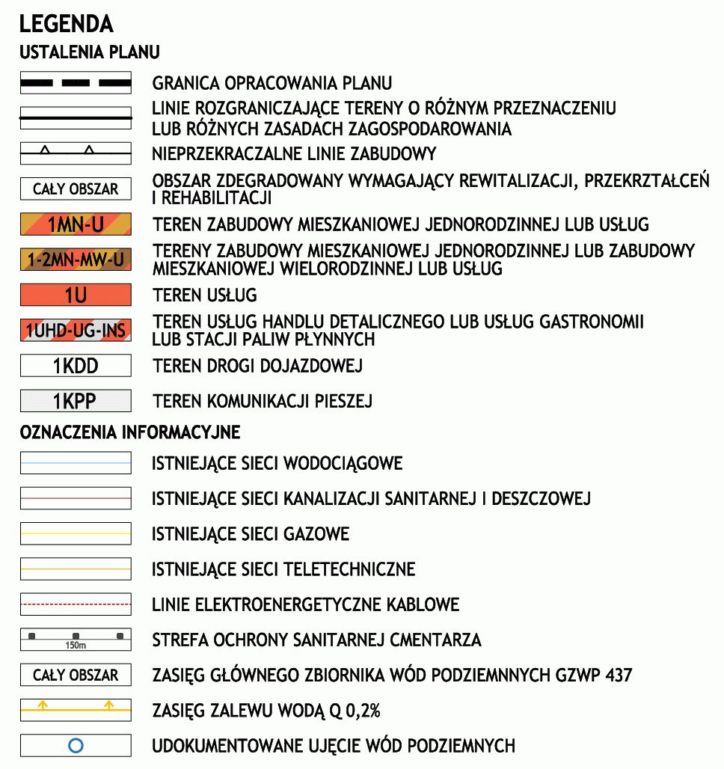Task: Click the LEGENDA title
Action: coord(66,24)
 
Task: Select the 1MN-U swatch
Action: coord(76,224)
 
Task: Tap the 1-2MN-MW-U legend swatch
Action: coord(76,260)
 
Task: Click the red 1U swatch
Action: coord(76,295)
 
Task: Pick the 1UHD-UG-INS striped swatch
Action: coord(76,330)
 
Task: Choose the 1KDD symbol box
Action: coord(76,366)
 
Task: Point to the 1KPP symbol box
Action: coord(76,401)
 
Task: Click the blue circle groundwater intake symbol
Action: coord(76,745)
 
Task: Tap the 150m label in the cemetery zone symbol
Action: coord(76,645)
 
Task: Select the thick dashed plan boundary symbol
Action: coord(76,82)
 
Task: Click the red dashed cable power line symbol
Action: coord(76,604)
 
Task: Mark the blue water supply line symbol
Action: coord(76,463)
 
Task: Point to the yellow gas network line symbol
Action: coord(76,534)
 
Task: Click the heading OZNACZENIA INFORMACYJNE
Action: coord(130,432)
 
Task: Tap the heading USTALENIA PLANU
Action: coord(90,53)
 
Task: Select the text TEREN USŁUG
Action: coord(205,295)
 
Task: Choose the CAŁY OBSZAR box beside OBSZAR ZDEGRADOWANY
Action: coord(76,189)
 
